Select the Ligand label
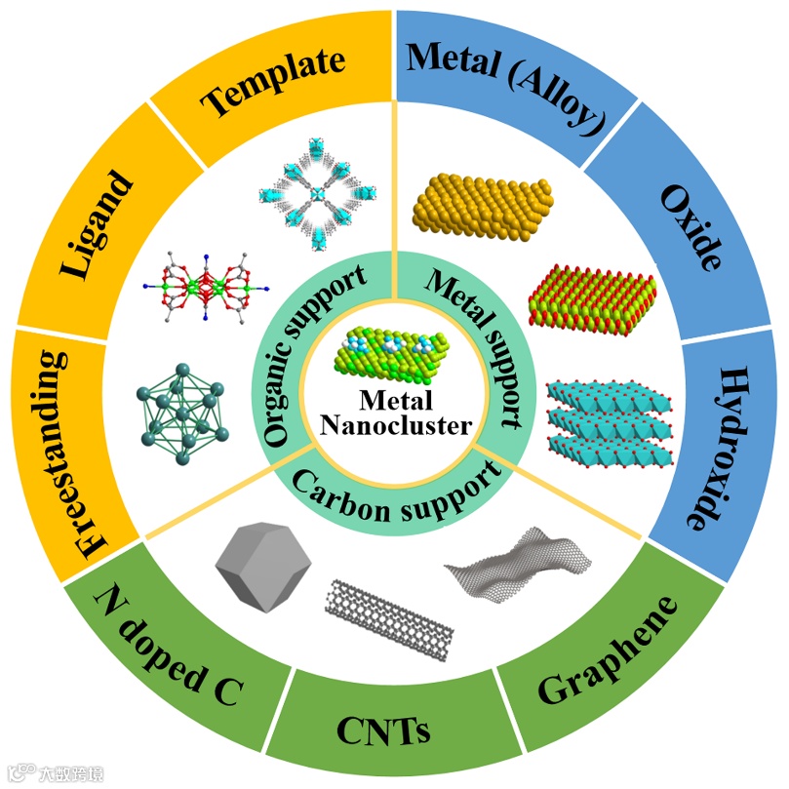(x=95, y=225)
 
